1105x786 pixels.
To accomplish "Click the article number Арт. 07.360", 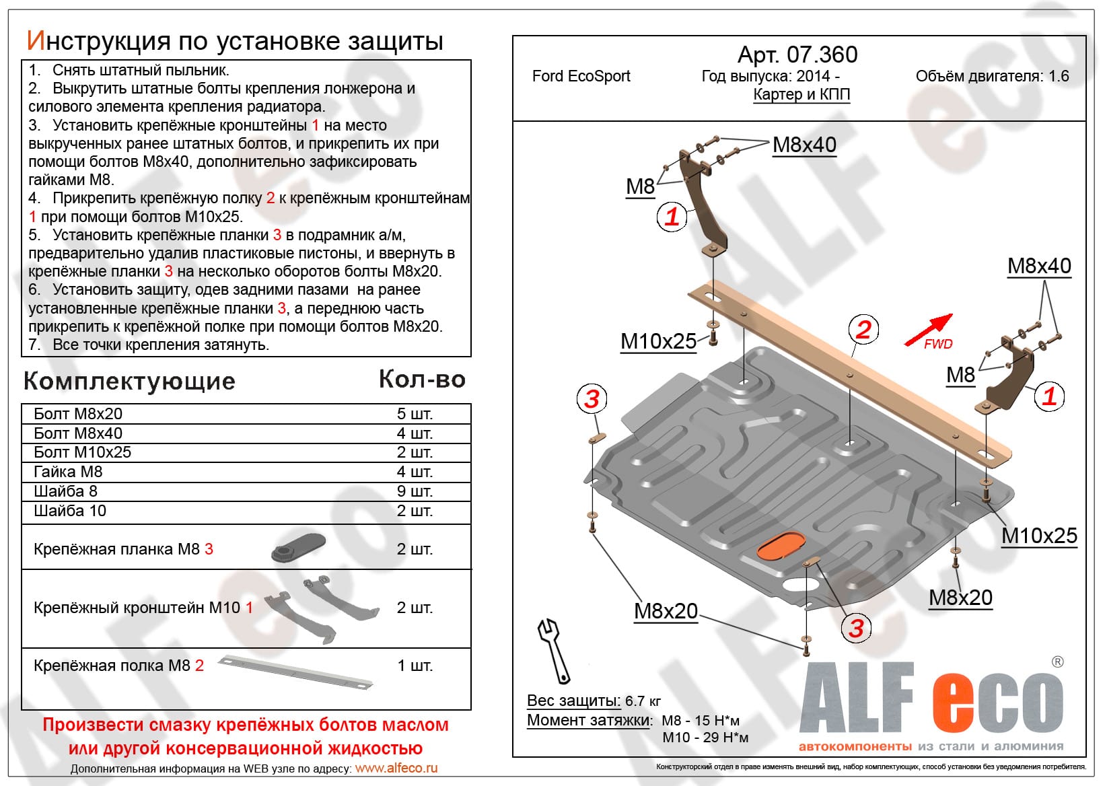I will (797, 55).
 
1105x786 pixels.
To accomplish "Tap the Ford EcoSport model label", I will (581, 76).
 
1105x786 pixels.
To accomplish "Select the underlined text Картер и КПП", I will (801, 94).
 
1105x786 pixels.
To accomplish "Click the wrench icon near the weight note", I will (554, 649).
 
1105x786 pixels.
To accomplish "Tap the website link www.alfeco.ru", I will (396, 768).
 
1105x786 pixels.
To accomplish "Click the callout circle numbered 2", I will (863, 329).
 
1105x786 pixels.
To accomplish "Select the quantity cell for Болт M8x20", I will (415, 414).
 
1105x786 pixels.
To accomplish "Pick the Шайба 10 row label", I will (70, 511).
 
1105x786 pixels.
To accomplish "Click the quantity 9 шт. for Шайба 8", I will (415, 491).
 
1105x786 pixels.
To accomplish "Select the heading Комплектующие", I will (129, 382).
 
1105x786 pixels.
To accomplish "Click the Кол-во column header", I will (422, 380).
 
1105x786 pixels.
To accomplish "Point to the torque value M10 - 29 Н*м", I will (705, 738).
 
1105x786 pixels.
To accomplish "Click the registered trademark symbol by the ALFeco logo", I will (1058, 662).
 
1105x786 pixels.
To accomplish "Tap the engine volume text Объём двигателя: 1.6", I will (992, 76).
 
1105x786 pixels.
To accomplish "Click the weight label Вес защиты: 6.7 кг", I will (594, 701).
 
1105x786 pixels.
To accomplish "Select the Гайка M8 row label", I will (68, 472).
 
